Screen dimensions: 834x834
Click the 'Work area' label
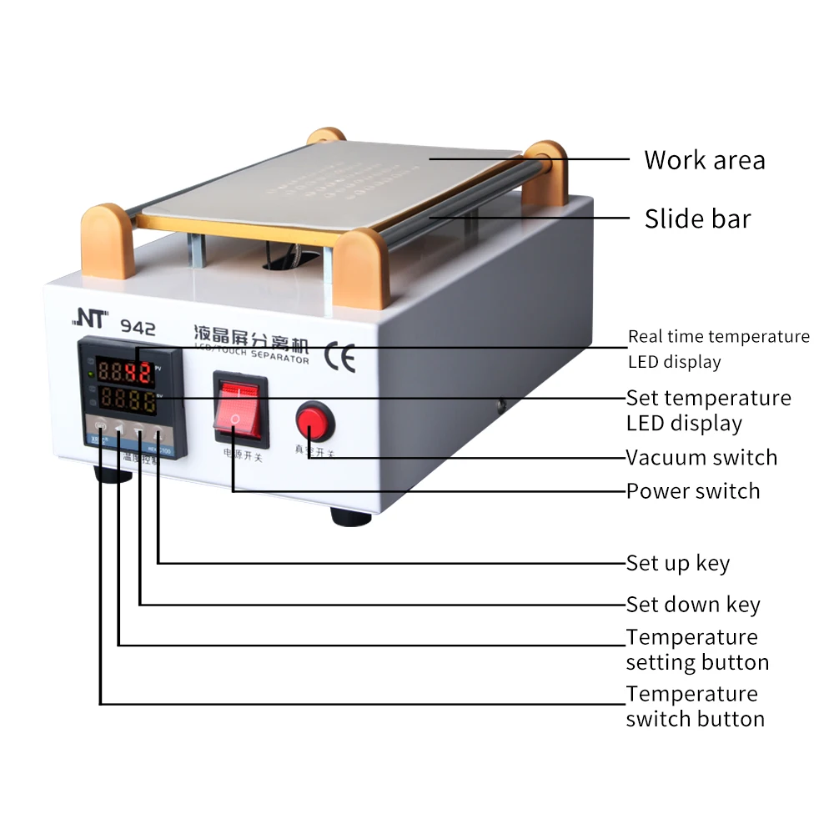pyautogui.click(x=704, y=160)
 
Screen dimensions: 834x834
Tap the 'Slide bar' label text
pyautogui.click(x=697, y=219)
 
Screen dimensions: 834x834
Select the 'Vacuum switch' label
pyautogui.click(x=701, y=458)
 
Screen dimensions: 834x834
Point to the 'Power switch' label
pyautogui.click(x=693, y=491)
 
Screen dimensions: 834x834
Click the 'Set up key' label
pyautogui.click(x=678, y=564)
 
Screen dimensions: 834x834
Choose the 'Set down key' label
pyautogui.click(x=693, y=605)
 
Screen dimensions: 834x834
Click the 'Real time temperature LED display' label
pyautogui.click(x=718, y=349)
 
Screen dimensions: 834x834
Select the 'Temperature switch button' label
pyautogui.click(x=695, y=706)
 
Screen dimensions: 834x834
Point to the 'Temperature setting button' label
pyautogui.click(x=696, y=650)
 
